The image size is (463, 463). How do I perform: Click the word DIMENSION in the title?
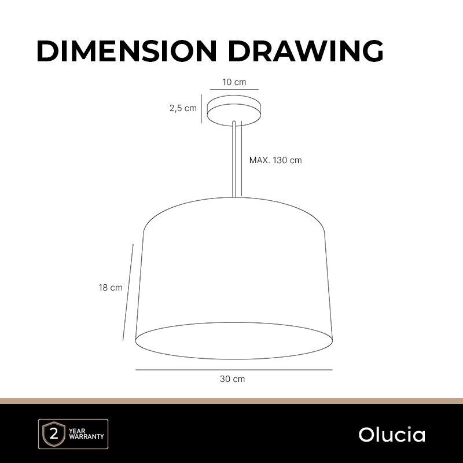pyautogui.click(x=127, y=51)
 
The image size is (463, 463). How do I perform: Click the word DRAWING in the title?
pyautogui.click(x=306, y=51)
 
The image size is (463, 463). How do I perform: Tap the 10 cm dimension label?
pyautogui.click(x=234, y=82)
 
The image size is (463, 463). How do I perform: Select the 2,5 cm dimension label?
pyautogui.click(x=183, y=108)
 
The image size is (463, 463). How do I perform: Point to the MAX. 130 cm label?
pyautogui.click(x=275, y=160)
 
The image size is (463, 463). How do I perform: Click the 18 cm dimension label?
pyautogui.click(x=111, y=288)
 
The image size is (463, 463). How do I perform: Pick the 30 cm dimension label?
pyautogui.click(x=233, y=379)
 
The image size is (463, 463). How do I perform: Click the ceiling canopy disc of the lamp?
pyautogui.click(x=234, y=111)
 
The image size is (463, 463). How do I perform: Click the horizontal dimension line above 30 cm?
pyautogui.click(x=234, y=369)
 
